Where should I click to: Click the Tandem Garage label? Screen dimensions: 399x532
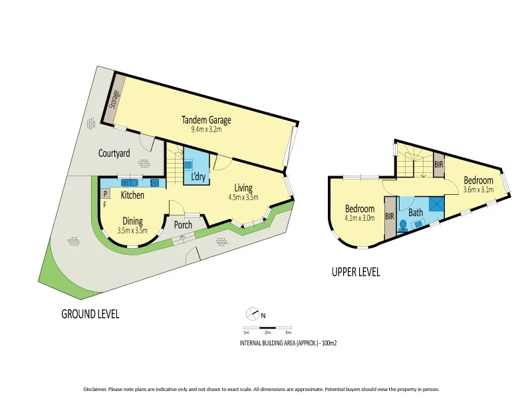tap(207, 120)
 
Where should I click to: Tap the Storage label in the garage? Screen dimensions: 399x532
tap(114, 100)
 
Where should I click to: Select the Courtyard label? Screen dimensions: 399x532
tap(114, 154)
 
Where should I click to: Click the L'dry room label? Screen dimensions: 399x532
tap(198, 177)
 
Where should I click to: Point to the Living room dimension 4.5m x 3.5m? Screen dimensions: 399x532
tap(243, 197)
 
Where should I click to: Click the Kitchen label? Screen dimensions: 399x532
tap(132, 196)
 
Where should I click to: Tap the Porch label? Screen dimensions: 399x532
tap(183, 225)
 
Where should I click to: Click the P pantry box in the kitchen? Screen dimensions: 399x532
tap(105, 194)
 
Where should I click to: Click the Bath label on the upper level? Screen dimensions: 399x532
tap(416, 213)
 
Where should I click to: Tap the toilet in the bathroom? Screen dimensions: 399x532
tap(402, 225)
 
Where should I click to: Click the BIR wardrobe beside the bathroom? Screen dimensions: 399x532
tap(390, 216)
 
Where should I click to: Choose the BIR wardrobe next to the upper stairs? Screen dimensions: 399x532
tap(438, 164)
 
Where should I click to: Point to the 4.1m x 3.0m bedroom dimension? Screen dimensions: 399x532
tap(360, 217)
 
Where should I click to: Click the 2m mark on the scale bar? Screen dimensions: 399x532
tap(267, 331)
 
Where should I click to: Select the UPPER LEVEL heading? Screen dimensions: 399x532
tap(356, 271)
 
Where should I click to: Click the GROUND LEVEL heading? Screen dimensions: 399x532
tap(90, 314)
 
